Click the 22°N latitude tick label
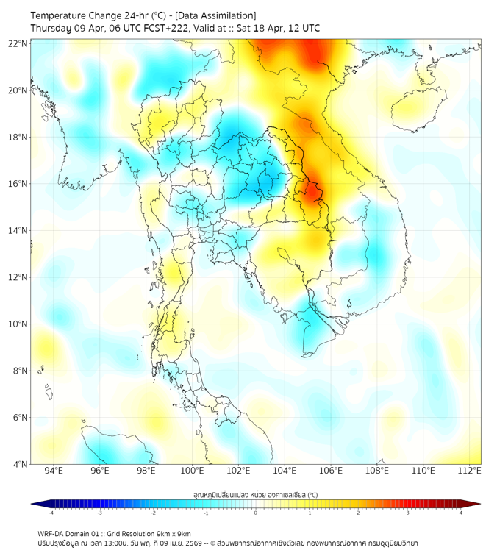[x=18, y=44]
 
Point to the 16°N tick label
[x=18, y=184]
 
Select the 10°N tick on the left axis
[x=18, y=324]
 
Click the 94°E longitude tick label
[x=54, y=471]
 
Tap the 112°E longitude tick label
[x=470, y=471]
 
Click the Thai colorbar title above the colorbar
[x=255, y=494]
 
